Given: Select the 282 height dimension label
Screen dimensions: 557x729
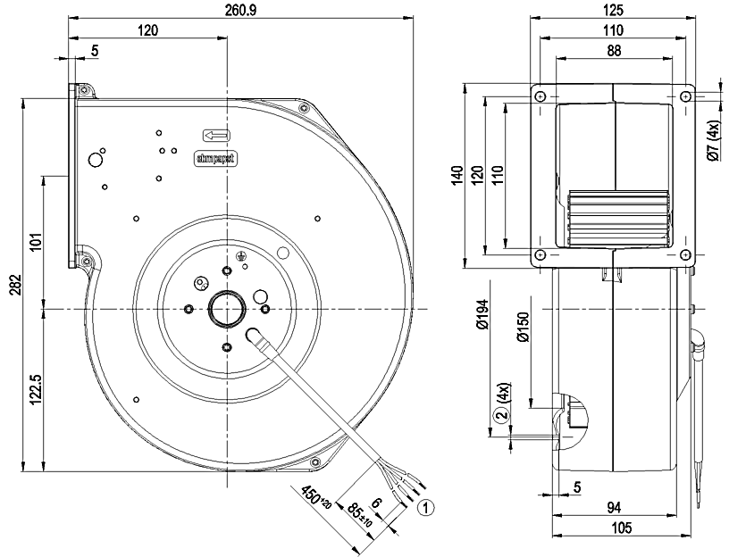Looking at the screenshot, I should [15, 286].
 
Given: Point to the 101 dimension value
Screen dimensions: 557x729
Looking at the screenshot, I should [37, 244].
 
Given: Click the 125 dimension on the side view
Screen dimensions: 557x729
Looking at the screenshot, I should [612, 11].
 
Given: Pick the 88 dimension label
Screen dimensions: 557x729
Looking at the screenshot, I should [612, 52].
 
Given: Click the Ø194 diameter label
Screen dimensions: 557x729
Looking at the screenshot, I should [483, 335].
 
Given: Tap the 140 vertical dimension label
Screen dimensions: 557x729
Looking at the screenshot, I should [456, 175].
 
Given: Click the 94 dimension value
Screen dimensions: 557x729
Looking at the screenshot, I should [615, 508].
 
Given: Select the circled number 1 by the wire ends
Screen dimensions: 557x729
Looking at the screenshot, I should [427, 508].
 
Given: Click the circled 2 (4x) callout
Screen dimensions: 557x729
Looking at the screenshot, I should [500, 408].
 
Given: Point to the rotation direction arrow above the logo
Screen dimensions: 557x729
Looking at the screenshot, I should [216, 136].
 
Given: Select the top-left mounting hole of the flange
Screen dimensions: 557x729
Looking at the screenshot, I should [540, 96].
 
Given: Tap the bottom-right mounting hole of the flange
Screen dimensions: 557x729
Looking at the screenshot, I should [686, 257].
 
